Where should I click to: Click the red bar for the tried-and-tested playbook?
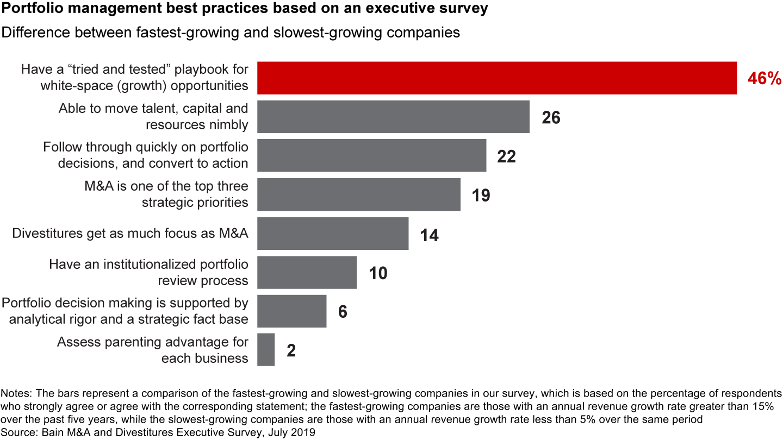496,78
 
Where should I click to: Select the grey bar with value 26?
393,117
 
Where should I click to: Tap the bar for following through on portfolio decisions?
371,155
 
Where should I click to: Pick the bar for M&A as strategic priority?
358,194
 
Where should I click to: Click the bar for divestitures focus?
332,234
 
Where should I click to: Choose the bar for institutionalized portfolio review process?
307,273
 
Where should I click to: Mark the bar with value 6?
291,311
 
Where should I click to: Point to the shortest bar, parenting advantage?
266,350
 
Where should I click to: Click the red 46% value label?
764,79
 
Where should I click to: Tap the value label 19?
481,196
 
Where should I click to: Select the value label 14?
429,235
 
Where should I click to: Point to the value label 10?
378,273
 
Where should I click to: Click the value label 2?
291,351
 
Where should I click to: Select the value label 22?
506,156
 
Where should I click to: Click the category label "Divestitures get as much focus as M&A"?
130,234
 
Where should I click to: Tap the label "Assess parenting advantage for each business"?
153,350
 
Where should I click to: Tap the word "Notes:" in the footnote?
17,393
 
